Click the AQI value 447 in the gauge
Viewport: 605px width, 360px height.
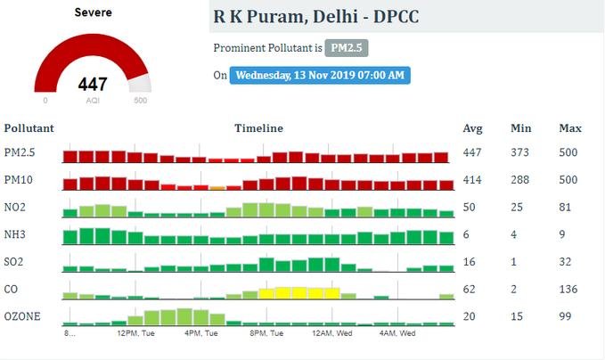pyautogui.click(x=93, y=85)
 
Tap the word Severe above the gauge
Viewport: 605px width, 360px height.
pyautogui.click(x=93, y=13)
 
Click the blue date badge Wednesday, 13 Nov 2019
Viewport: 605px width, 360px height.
pyautogui.click(x=321, y=75)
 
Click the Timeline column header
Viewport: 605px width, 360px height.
pyautogui.click(x=258, y=128)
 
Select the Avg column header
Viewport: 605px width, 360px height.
pyautogui.click(x=473, y=128)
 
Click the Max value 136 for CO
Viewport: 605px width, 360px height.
pyautogui.click(x=568, y=290)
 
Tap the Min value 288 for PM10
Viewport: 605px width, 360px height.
pyautogui.click(x=519, y=181)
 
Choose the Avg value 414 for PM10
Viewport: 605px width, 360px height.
pyautogui.click(x=472, y=181)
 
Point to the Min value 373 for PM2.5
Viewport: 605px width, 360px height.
pyautogui.click(x=519, y=152)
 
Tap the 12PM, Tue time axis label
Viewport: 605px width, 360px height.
pyautogui.click(x=136, y=333)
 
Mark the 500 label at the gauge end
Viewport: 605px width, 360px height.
pyautogui.click(x=140, y=101)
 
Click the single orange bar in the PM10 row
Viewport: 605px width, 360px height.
pyautogui.click(x=217, y=188)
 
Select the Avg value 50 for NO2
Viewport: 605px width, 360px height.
pyautogui.click(x=470, y=208)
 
